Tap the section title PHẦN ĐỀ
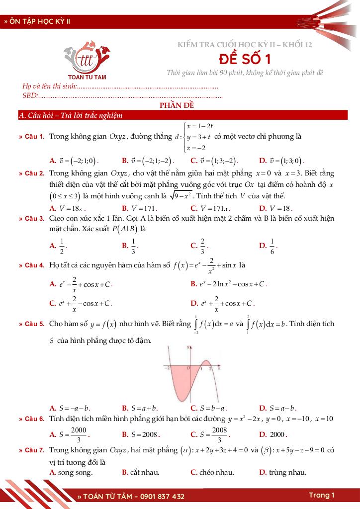tap(180, 105)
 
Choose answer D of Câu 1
tap(281, 161)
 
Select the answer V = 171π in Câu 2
tap(210, 208)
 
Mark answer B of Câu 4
tap(229, 284)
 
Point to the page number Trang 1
tap(321, 495)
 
